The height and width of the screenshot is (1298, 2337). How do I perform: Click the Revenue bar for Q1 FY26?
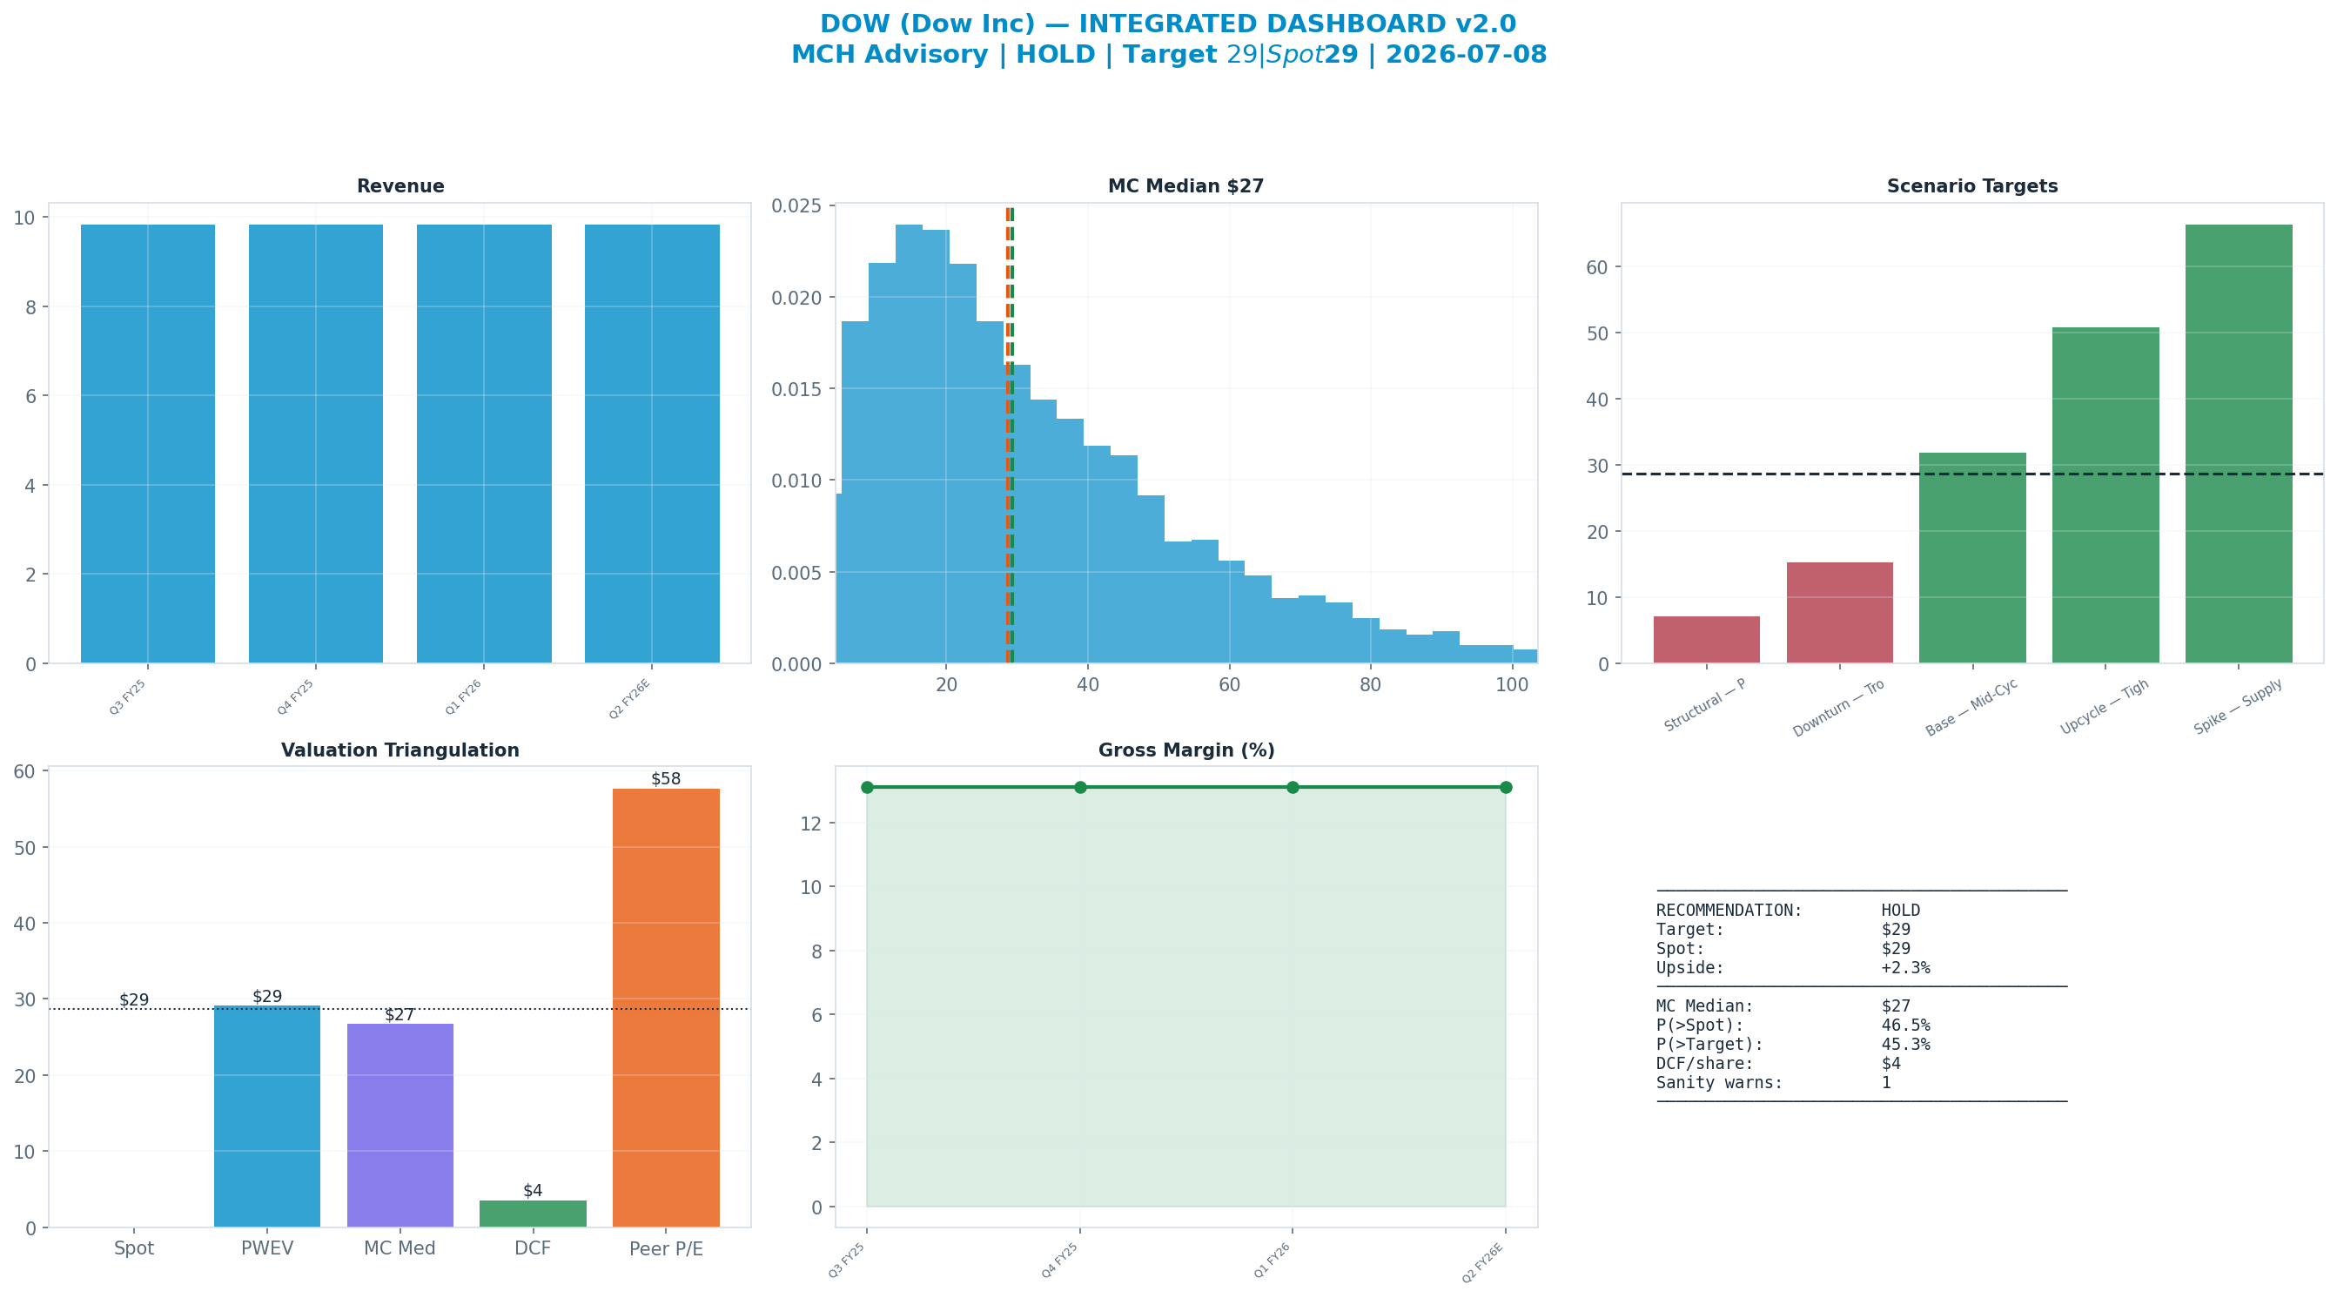(484, 444)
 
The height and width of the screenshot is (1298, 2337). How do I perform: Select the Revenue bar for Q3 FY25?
(148, 444)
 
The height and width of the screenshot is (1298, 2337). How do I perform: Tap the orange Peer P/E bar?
(666, 1007)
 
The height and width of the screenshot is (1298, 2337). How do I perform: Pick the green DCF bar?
(533, 1214)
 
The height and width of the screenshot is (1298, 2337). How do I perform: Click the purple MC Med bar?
(400, 1126)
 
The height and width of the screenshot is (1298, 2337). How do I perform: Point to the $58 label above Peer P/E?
(666, 779)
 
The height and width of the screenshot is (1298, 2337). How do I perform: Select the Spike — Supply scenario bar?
(2238, 444)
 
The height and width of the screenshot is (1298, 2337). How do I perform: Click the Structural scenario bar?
(1707, 640)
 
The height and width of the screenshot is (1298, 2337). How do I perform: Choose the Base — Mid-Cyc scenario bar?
(1972, 558)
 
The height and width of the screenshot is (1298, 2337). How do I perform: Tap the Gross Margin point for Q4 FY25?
(1079, 787)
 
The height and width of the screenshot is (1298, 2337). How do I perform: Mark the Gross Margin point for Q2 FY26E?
(1506, 787)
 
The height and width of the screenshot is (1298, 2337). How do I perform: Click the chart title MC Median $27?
(1185, 186)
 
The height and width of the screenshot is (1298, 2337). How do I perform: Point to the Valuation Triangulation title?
(400, 750)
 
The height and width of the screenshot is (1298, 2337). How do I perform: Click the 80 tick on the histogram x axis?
(1370, 684)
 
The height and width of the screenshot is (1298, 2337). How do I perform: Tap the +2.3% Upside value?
(1905, 967)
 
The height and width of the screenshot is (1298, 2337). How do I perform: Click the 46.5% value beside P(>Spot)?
(1905, 1025)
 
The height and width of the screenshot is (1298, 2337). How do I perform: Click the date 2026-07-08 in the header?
(1466, 55)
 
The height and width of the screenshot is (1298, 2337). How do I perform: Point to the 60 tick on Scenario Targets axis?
(1598, 267)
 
